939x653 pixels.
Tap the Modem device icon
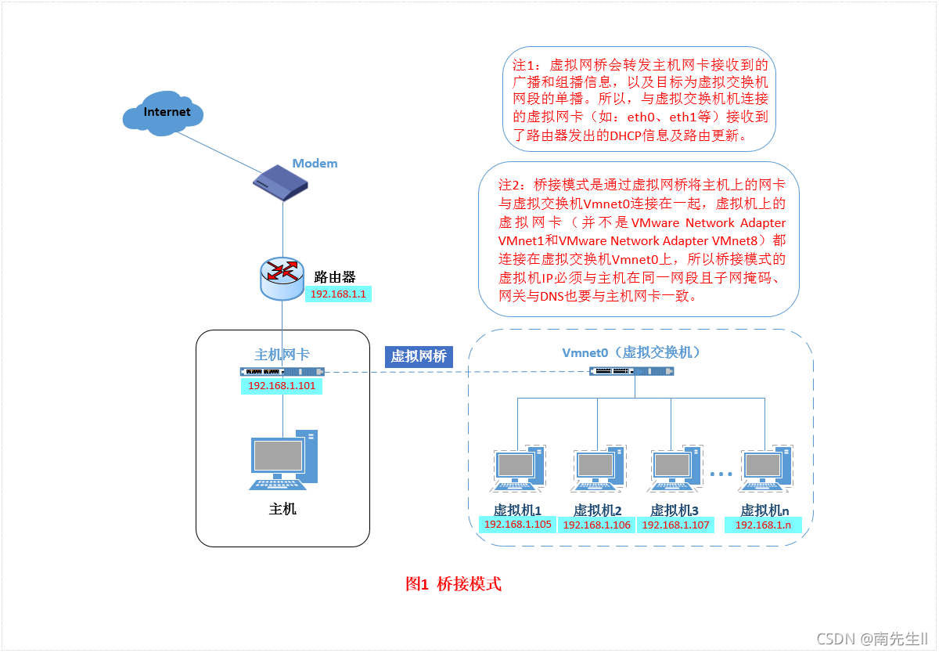coord(280,183)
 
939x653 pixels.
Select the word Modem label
coord(315,164)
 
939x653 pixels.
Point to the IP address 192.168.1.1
coord(339,294)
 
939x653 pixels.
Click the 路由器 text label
coord(334,276)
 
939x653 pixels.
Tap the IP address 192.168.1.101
coord(281,386)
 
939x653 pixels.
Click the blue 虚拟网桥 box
coord(419,356)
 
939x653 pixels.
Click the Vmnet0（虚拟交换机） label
coord(631,352)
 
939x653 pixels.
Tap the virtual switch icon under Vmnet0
coord(631,371)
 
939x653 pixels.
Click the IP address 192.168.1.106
coord(597,525)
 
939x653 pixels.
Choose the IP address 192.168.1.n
coord(763,525)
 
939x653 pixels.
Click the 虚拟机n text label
coord(765,510)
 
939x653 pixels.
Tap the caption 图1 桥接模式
coord(453,584)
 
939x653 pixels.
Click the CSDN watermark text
coord(872,639)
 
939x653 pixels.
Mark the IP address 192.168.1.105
coord(518,525)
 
